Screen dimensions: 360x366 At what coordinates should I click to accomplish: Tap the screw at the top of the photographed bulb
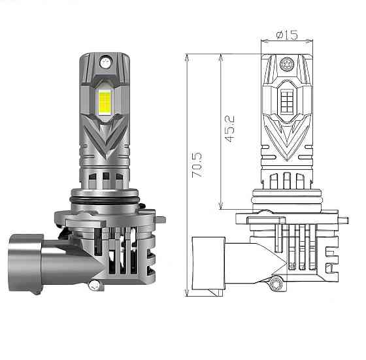pos(105,63)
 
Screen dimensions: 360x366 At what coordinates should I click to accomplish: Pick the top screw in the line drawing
pos(287,65)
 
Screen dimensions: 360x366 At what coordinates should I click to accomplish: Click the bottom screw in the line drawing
pos(278,284)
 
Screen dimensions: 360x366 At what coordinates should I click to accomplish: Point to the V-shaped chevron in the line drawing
pos(287,140)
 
